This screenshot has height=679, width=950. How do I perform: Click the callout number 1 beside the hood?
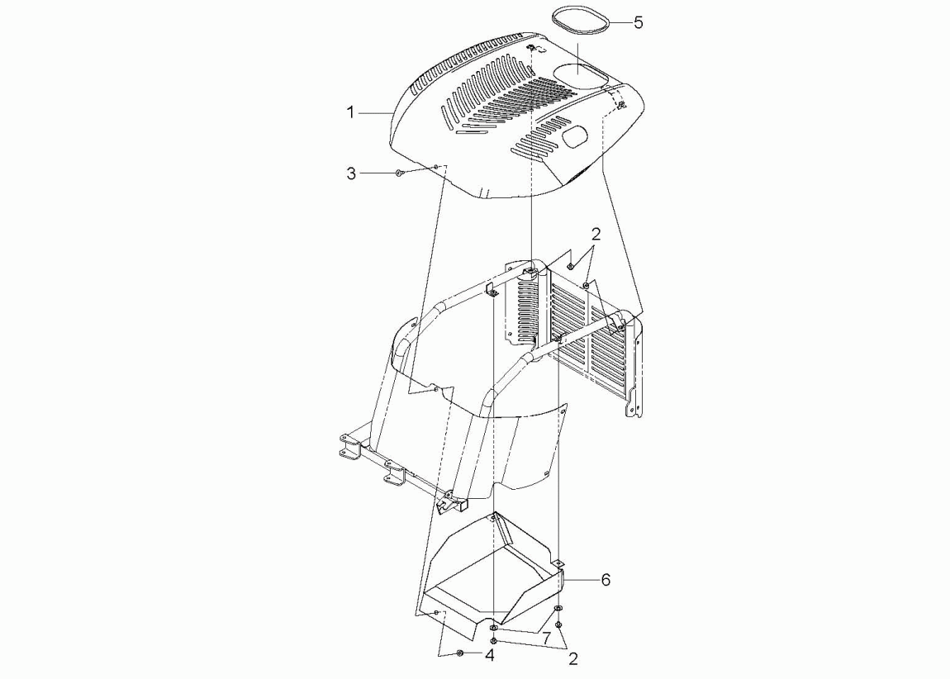(x=350, y=112)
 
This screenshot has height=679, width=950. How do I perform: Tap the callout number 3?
(x=351, y=173)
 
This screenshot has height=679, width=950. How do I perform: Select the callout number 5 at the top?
(x=638, y=23)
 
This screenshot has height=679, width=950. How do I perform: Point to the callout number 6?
(x=606, y=580)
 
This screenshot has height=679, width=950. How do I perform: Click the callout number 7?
(x=546, y=638)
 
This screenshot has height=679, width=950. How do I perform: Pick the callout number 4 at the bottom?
(x=490, y=655)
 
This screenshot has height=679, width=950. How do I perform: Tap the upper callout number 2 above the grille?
(x=596, y=234)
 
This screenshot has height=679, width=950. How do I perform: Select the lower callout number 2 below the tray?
(x=573, y=658)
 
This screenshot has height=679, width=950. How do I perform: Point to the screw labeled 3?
(x=398, y=173)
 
